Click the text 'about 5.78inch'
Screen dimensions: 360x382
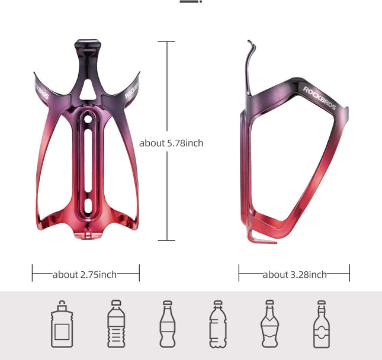(171, 143)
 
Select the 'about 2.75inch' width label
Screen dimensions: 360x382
(85, 274)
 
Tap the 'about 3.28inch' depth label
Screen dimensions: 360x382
(294, 274)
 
